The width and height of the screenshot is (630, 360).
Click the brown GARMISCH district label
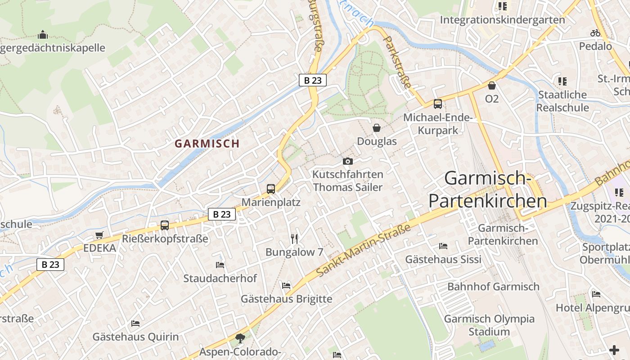(207, 144)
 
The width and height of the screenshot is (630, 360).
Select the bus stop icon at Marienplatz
(271, 189)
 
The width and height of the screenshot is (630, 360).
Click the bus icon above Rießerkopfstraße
(165, 225)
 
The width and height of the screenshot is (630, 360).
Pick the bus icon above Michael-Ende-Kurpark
(438, 104)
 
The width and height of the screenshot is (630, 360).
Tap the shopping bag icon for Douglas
(377, 128)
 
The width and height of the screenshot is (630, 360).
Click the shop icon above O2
(492, 85)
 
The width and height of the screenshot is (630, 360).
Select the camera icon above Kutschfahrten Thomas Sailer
(347, 161)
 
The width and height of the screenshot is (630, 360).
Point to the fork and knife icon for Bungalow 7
(294, 238)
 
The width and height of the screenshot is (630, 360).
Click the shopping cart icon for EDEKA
(99, 235)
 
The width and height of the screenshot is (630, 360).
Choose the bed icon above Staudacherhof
(220, 265)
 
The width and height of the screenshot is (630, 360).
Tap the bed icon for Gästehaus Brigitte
(286, 285)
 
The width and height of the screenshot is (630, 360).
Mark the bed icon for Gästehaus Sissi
(443, 246)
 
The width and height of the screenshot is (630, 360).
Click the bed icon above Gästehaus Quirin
(135, 323)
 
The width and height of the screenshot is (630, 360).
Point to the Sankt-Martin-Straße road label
(364, 250)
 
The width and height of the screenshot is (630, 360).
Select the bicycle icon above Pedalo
(595, 33)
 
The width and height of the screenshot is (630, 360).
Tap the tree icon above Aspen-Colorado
(240, 337)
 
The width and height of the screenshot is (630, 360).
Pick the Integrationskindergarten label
(502, 20)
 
